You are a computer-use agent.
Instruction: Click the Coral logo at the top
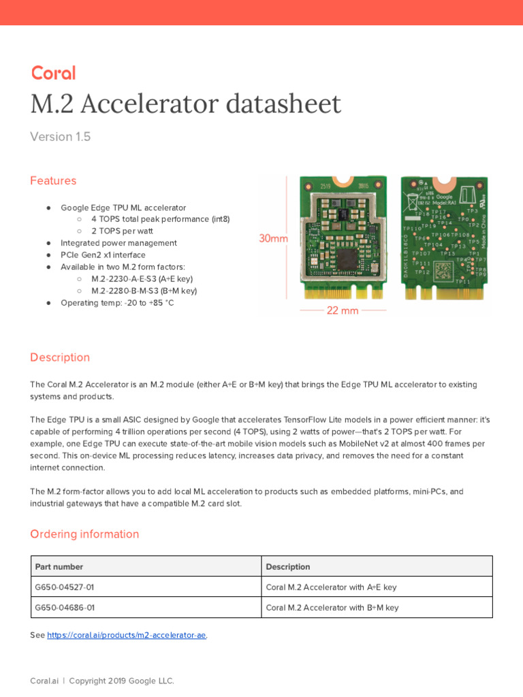click(x=52, y=74)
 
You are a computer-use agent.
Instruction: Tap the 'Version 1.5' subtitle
click(x=60, y=137)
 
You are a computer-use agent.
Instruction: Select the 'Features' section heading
click(x=53, y=180)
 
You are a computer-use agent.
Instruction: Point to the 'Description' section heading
click(x=60, y=357)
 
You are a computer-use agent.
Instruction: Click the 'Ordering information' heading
click(x=84, y=534)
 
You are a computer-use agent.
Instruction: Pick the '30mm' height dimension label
click(x=273, y=239)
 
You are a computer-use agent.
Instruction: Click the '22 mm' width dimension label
click(x=343, y=310)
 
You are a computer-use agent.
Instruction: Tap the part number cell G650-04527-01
click(x=65, y=587)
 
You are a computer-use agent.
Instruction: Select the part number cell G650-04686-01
click(x=65, y=607)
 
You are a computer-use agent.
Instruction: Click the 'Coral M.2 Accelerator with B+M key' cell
click(x=332, y=607)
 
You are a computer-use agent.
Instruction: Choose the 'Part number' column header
click(x=59, y=566)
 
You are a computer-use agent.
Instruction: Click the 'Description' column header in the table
click(x=288, y=566)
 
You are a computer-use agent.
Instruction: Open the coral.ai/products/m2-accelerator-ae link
click(x=127, y=635)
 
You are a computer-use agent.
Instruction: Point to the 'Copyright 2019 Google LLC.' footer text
click(x=121, y=681)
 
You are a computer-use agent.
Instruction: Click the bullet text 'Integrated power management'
click(x=118, y=243)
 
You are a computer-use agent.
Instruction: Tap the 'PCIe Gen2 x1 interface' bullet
click(x=103, y=255)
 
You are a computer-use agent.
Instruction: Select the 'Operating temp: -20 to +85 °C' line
click(x=117, y=302)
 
